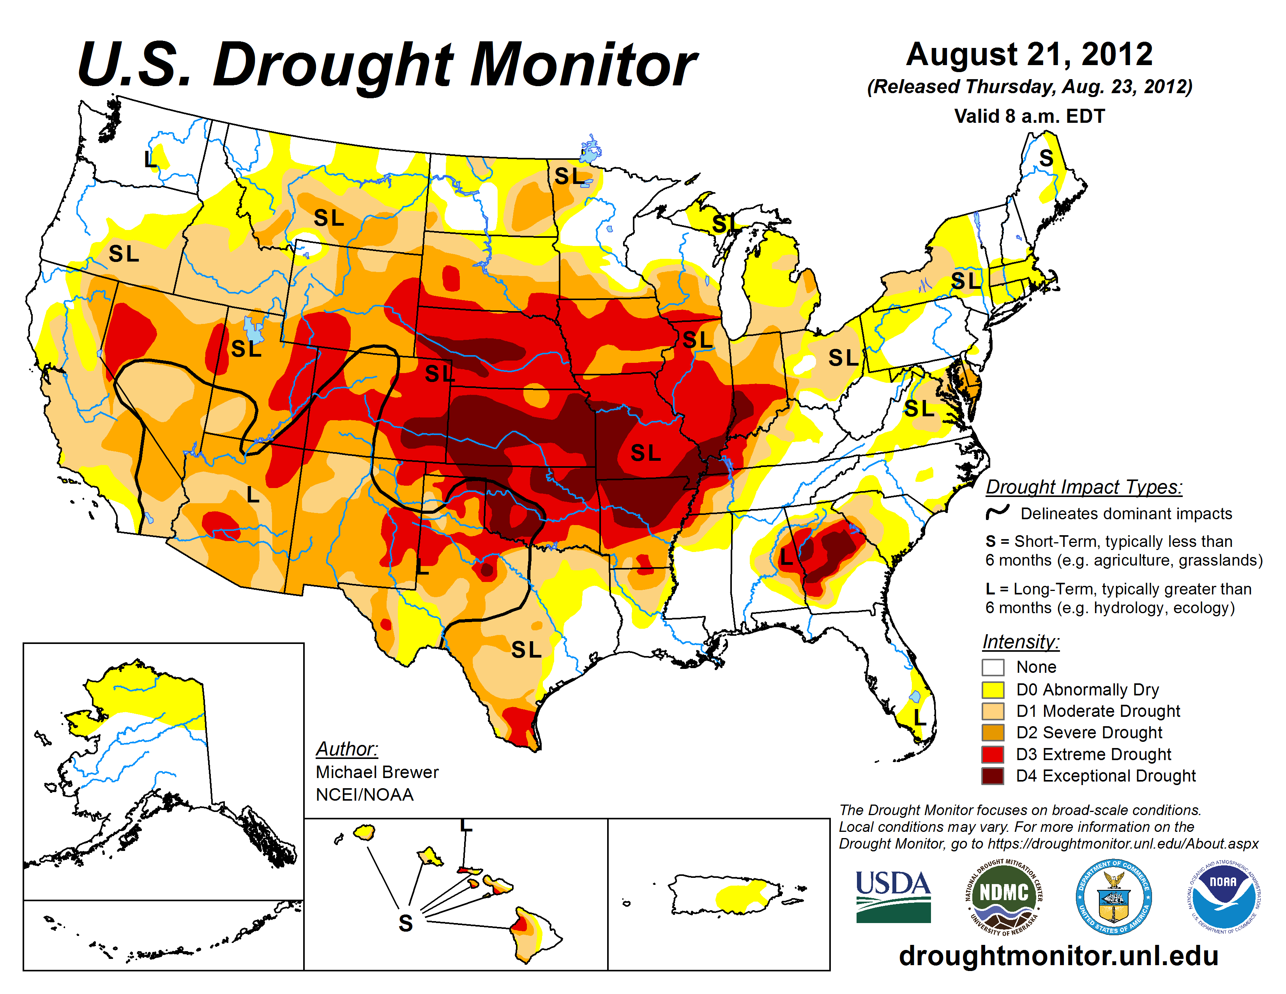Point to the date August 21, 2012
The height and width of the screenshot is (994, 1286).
click(x=1029, y=55)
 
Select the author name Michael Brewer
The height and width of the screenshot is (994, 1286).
click(x=377, y=772)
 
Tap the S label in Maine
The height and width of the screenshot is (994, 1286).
click(x=1046, y=158)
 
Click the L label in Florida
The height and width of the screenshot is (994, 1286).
click(x=919, y=717)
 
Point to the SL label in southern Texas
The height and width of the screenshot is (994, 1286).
click(x=526, y=649)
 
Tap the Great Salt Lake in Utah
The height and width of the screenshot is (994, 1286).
click(x=253, y=329)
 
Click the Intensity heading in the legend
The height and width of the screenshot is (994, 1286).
click(x=1021, y=641)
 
